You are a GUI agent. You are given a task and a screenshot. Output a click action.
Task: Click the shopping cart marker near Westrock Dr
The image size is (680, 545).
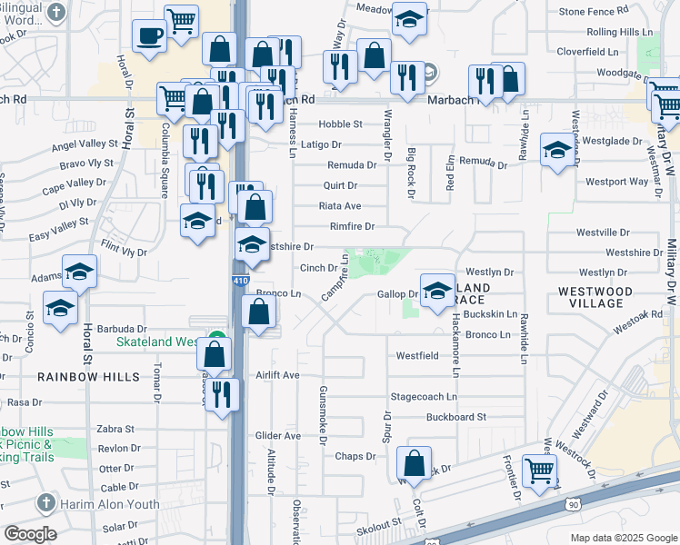pyautogui.click(x=540, y=471)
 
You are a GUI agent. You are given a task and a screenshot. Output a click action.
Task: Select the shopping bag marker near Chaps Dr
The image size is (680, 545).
pyautogui.click(x=415, y=463)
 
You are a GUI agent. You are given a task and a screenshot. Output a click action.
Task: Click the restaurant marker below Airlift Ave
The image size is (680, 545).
pyautogui.click(x=221, y=394)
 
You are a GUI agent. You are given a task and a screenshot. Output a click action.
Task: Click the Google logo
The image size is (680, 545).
pyautogui.click(x=31, y=534)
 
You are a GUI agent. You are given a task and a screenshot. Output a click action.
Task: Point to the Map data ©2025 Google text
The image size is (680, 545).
pyautogui.click(x=622, y=538)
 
